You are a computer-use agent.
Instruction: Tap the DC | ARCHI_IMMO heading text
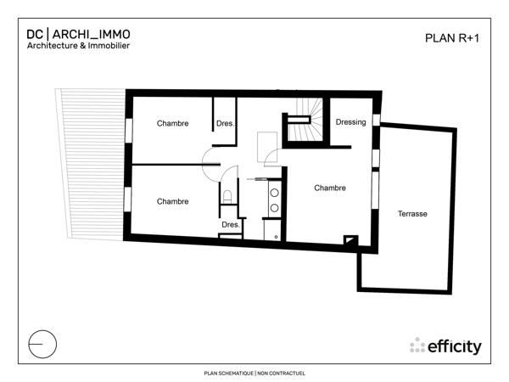tap(78, 34)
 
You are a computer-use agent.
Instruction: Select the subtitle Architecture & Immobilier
tap(77, 47)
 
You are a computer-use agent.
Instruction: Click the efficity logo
tap(445, 346)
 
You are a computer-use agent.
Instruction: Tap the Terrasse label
tap(412, 214)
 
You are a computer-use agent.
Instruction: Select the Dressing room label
tap(350, 122)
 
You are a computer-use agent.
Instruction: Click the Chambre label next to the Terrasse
tap(329, 188)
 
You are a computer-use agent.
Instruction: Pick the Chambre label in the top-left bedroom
tap(172, 123)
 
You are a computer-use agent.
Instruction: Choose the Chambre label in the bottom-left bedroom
tap(172, 201)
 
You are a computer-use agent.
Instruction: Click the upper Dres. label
tap(225, 123)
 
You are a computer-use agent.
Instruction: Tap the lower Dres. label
tap(230, 224)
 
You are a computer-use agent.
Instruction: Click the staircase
tap(306, 115)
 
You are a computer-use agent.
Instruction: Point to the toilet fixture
tap(227, 197)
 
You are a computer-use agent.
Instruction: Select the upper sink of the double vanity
tap(275, 193)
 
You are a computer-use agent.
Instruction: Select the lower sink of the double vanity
tap(275, 206)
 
